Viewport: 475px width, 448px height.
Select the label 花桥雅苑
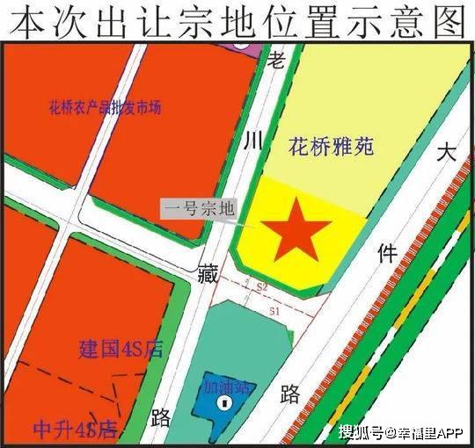pyautogui.click(x=331, y=146)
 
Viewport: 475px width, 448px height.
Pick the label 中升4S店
pyautogui.click(x=75, y=430)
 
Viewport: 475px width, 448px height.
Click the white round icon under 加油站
pyautogui.click(x=225, y=403)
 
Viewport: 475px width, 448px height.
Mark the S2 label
pyautogui.click(x=261, y=287)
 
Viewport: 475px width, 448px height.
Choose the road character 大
pyautogui.click(x=448, y=153)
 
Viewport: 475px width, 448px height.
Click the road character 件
pyautogui.click(x=386, y=254)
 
